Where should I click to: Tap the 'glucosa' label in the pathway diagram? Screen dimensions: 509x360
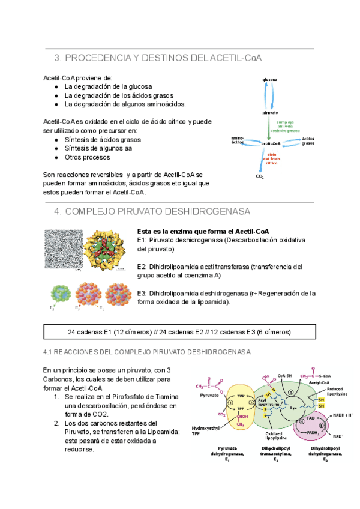pos(269,80)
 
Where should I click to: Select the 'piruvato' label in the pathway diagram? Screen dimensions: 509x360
pos(270,113)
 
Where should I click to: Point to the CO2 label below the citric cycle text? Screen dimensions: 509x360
pos(260,176)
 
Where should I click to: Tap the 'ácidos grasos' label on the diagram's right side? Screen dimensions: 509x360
pos(308,141)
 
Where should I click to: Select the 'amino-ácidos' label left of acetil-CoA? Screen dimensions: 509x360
pos(238,141)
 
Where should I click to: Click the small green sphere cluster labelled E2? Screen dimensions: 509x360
pos(58,295)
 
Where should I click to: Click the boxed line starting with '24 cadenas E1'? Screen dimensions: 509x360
pos(179,332)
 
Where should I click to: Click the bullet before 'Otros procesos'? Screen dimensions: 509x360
pos(56,157)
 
